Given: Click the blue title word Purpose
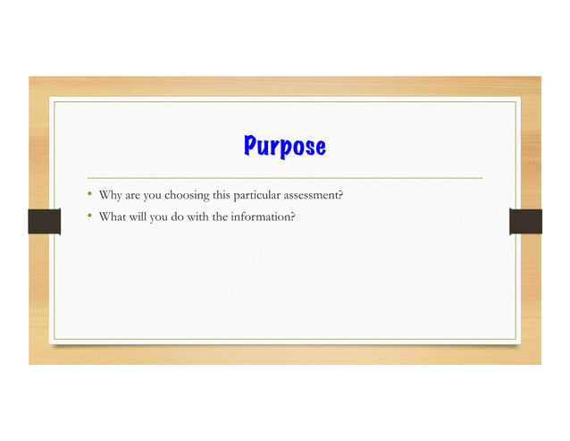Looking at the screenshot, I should pyautogui.click(x=285, y=147).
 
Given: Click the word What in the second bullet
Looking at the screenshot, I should pyautogui.click(x=113, y=216).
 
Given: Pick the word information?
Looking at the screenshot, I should pyautogui.click(x=264, y=216).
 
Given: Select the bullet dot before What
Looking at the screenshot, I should pyautogui.click(x=89, y=216).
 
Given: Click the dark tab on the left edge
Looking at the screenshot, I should pyautogui.click(x=43, y=221).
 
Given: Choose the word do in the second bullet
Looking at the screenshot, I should pyautogui.click(x=181, y=216).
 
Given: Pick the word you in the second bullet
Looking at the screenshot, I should pyautogui.click(x=160, y=216).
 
